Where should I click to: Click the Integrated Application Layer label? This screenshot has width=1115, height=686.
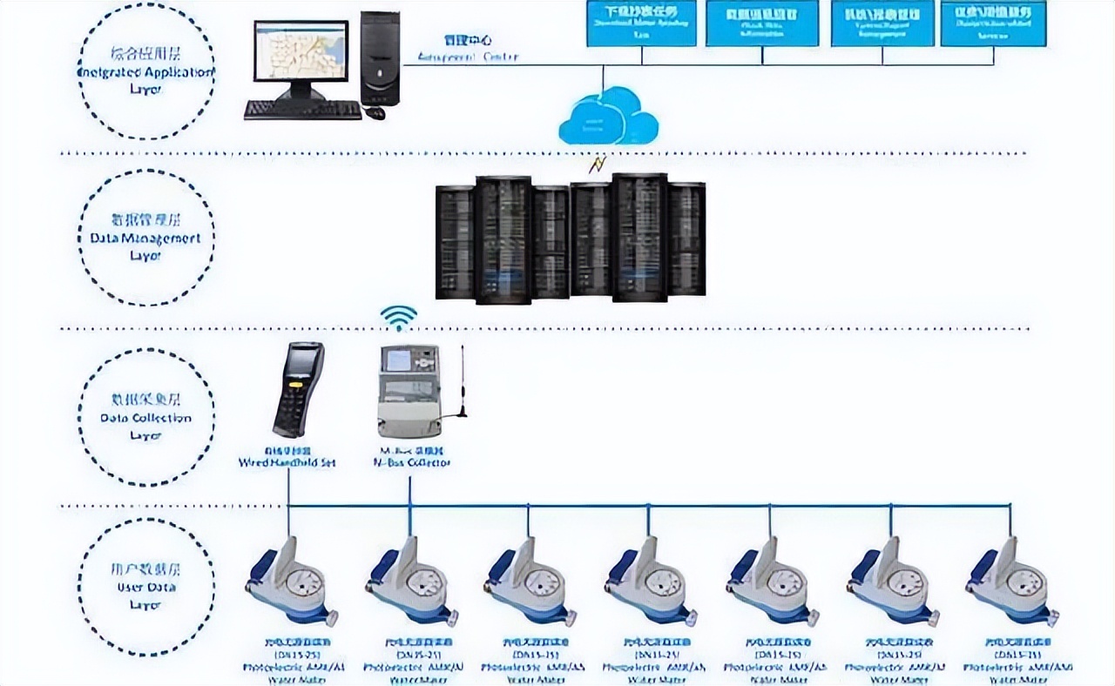[145, 72]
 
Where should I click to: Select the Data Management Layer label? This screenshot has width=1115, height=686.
[145, 238]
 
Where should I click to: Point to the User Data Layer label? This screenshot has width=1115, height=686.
[145, 588]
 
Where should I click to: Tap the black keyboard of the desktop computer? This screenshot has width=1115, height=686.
[302, 111]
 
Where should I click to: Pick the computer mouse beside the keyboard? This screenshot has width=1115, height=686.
[375, 112]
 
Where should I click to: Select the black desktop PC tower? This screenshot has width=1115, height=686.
[380, 57]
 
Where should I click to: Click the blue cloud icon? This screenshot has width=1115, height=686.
[607, 118]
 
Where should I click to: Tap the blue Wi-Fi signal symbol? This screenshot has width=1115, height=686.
[400, 318]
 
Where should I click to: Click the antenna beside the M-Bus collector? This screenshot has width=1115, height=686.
[463, 383]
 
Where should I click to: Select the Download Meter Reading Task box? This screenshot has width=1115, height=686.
[641, 23]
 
